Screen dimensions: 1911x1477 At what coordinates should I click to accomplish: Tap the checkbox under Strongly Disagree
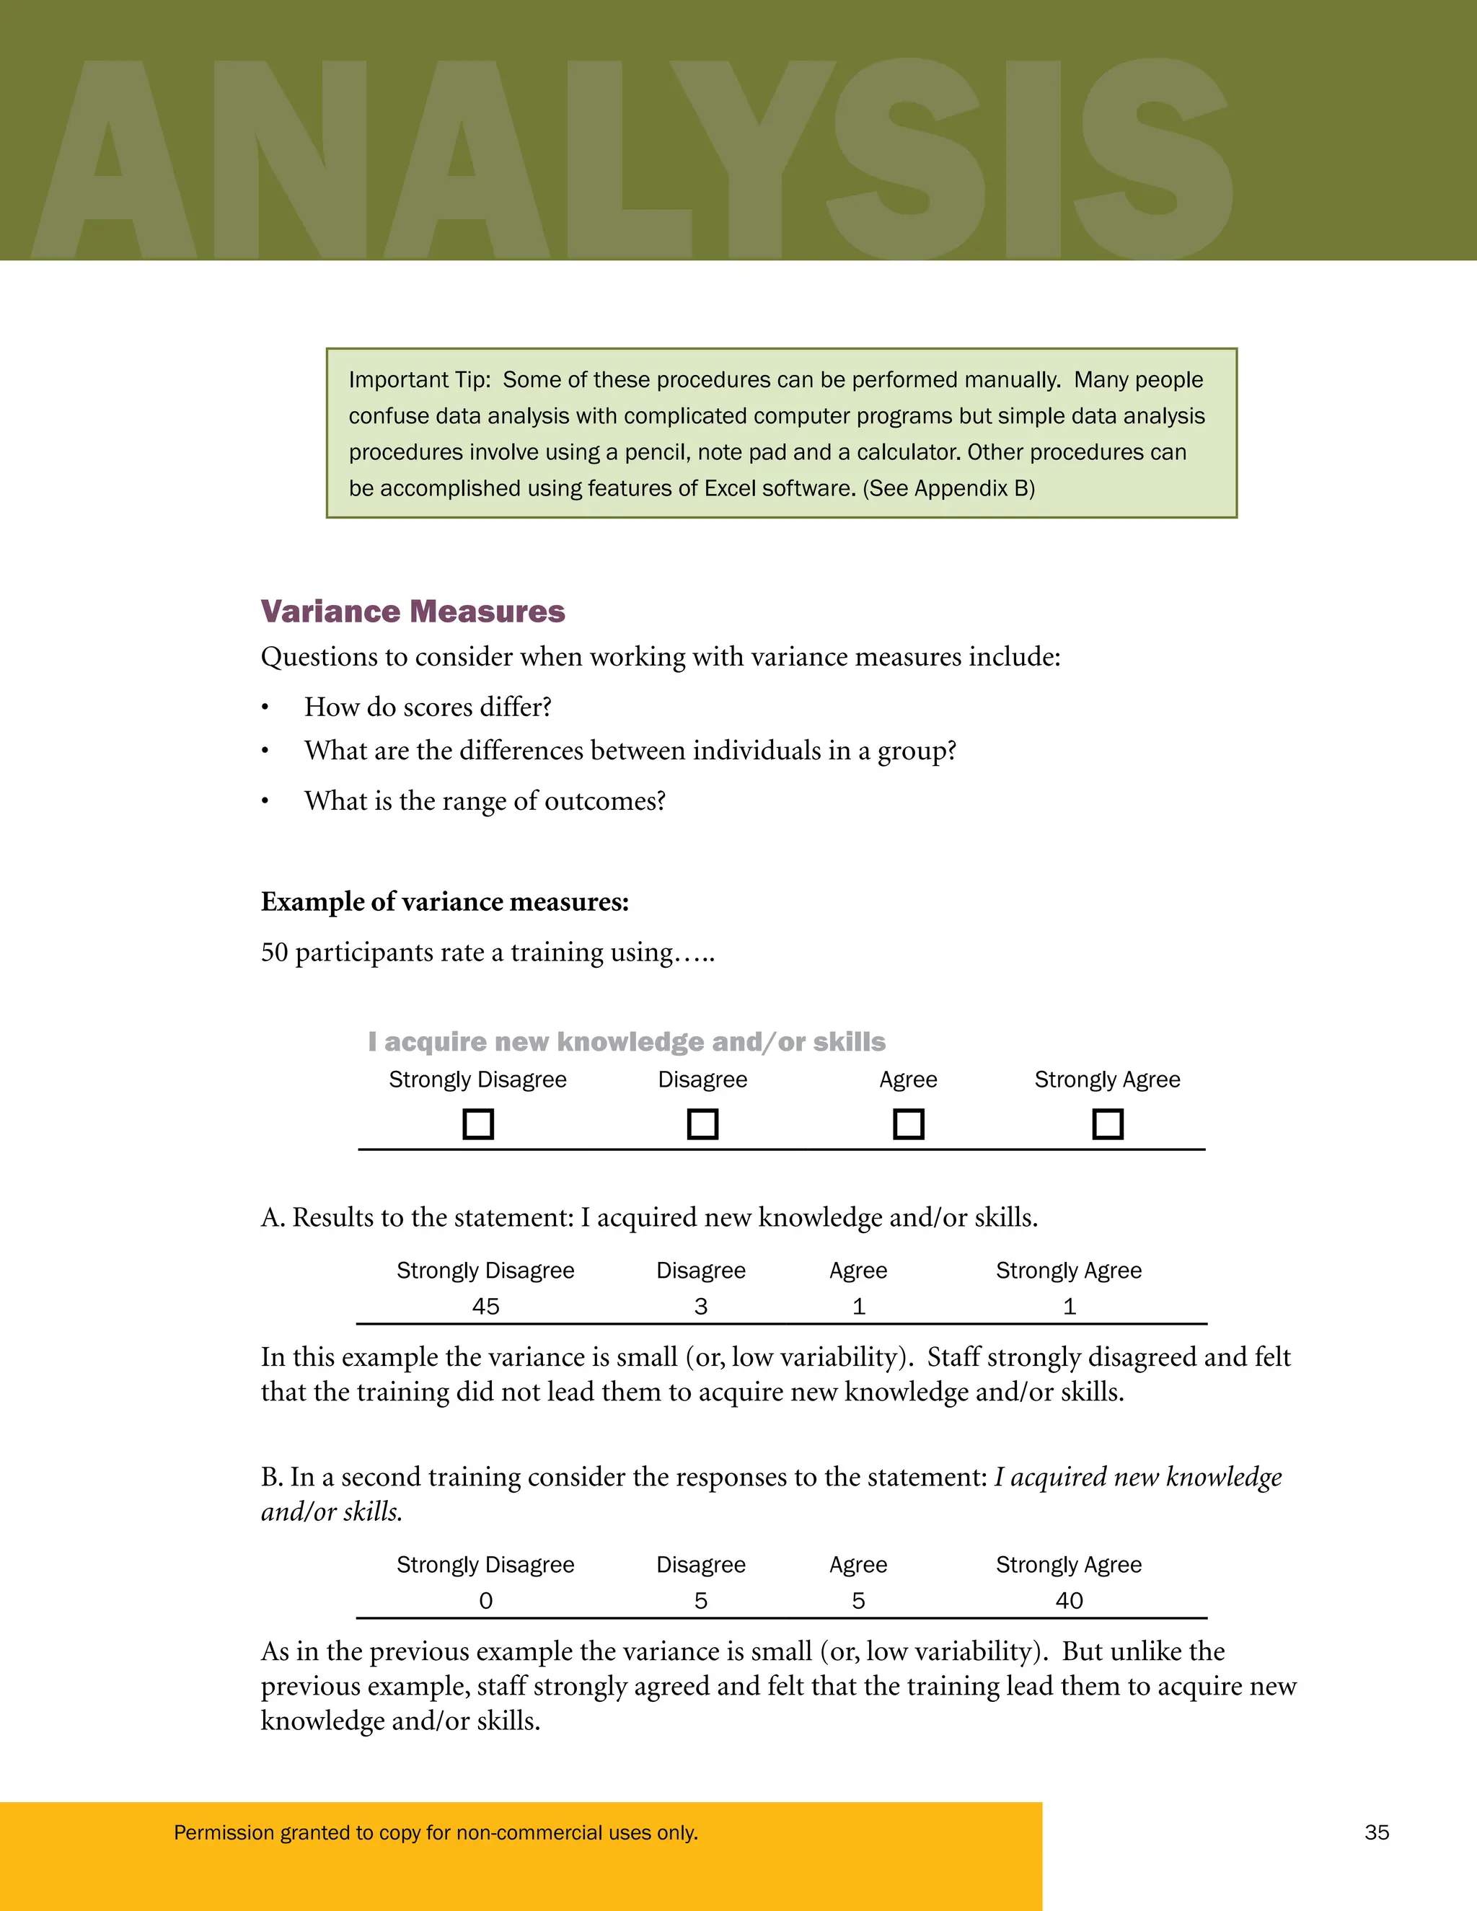point(477,1124)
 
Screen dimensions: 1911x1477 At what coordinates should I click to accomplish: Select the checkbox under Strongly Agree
point(1108,1124)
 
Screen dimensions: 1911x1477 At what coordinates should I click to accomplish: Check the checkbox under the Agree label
point(908,1124)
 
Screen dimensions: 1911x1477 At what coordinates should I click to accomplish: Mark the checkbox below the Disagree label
point(702,1124)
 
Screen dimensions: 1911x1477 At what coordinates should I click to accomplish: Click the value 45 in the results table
point(485,1307)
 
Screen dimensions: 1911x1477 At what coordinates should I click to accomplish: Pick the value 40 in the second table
point(1070,1600)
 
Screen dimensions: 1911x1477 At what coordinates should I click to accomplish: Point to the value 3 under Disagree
point(701,1307)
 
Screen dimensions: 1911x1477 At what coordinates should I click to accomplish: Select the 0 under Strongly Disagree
point(485,1600)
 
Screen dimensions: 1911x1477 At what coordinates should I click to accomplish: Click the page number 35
point(1376,1832)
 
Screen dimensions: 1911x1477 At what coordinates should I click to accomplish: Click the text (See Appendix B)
point(948,488)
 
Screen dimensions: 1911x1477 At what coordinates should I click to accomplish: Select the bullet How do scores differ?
point(427,707)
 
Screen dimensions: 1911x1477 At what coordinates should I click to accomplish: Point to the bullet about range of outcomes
point(484,800)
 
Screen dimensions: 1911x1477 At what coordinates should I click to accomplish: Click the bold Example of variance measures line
point(444,902)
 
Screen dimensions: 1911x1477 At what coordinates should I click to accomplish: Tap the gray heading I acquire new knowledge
point(627,1041)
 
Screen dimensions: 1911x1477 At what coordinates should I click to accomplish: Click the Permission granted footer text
point(436,1832)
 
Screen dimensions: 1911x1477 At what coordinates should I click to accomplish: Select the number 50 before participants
point(275,952)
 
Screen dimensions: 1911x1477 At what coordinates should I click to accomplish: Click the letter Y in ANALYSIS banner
point(754,157)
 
